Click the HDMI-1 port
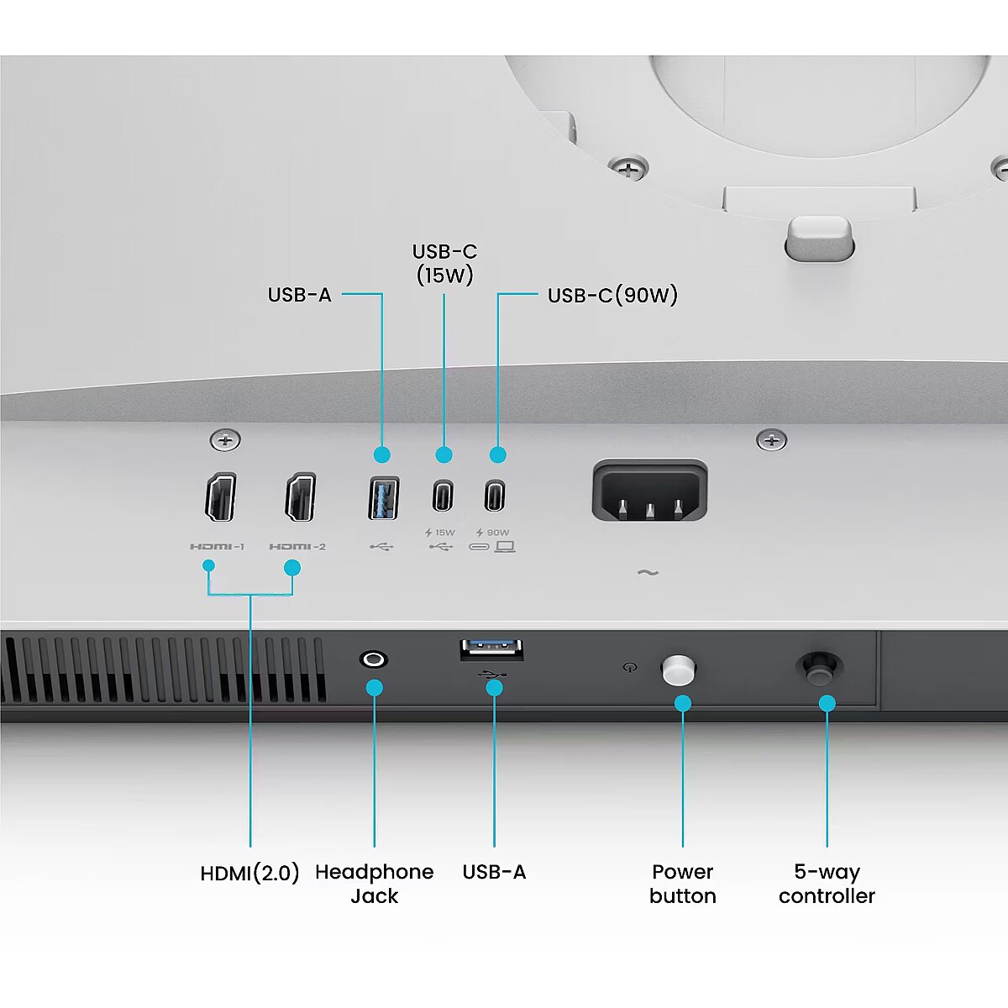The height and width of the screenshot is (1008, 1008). pos(220,497)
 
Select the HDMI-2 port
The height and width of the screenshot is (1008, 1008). pos(300,497)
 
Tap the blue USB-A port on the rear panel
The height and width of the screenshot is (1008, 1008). pos(383,497)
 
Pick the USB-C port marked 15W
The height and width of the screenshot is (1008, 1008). pos(443,496)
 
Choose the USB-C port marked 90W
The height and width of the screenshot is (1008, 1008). pos(494,496)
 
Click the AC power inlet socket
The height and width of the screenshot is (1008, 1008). pos(649,490)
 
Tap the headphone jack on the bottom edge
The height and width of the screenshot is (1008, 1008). pos(374,659)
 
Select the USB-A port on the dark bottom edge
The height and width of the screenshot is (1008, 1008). pos(491,650)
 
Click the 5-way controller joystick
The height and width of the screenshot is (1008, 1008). pos(820,668)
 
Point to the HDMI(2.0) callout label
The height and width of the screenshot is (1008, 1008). pos(250,873)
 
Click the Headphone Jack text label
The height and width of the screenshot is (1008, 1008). pos(375,884)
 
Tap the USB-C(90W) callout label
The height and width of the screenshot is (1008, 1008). pos(612,295)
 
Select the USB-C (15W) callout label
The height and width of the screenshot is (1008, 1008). pos(444,264)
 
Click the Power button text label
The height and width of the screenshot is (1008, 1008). pos(683,884)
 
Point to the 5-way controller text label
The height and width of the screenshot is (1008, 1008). pos(827,884)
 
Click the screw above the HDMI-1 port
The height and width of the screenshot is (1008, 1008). pos(225,440)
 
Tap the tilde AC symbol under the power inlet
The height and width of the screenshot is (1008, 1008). pos(648,573)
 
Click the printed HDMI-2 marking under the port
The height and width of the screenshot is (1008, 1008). pos(297,547)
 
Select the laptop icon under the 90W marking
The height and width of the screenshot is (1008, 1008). pos(506,547)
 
